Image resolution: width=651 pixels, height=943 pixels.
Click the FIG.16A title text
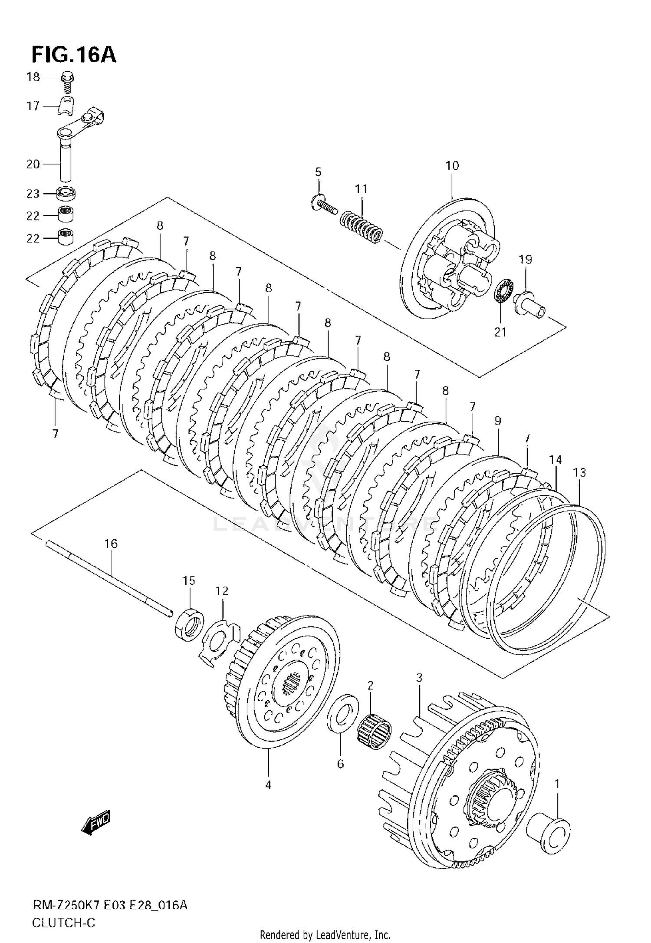(73, 55)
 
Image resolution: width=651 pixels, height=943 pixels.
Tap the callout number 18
(33, 77)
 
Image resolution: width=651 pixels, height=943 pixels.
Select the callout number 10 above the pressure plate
(452, 165)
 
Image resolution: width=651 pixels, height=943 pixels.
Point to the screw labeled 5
(324, 206)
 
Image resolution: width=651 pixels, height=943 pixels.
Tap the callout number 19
(525, 259)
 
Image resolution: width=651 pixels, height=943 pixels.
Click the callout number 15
(189, 580)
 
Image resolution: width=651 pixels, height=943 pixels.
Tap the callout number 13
(579, 472)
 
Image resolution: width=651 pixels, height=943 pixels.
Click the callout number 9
(497, 420)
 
